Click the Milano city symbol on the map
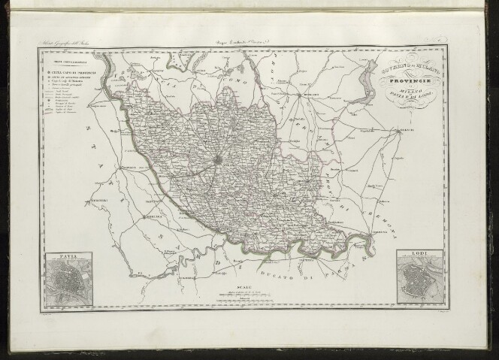219,160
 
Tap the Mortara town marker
144,218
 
